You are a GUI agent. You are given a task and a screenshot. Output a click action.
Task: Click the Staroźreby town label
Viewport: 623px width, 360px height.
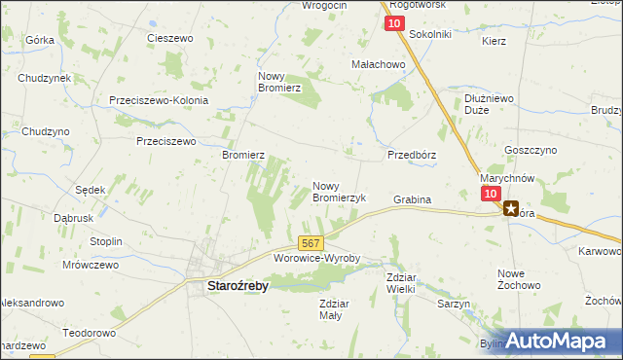click(x=237, y=287)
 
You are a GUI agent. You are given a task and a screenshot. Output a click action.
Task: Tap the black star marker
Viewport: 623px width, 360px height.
click(x=511, y=207)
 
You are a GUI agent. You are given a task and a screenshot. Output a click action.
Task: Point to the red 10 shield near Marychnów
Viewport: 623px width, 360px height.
click(x=490, y=195)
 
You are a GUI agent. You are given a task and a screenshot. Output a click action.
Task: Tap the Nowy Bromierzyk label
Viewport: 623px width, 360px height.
click(x=339, y=191)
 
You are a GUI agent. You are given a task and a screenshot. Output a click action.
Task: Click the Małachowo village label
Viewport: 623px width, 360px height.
click(x=378, y=64)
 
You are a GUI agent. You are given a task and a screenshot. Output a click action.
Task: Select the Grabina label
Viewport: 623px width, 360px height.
click(x=412, y=199)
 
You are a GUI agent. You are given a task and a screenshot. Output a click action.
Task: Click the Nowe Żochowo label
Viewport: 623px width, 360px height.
click(x=519, y=279)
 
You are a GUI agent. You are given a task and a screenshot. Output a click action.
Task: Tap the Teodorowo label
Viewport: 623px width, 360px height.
click(x=90, y=332)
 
